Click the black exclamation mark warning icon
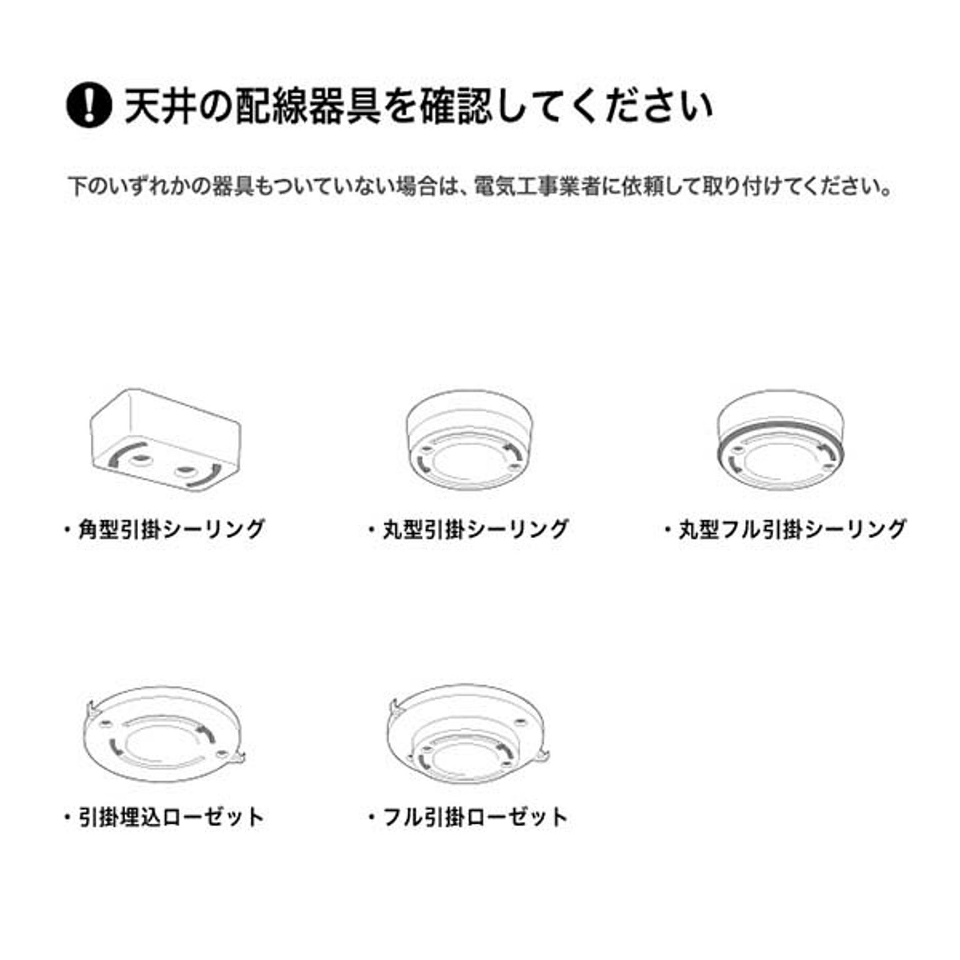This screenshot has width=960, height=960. point(89,105)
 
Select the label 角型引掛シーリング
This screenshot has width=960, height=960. point(171,529)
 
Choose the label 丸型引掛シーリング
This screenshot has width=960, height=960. point(476,529)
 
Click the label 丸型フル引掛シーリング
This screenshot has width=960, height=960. point(792,529)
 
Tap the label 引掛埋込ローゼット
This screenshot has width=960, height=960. point(171,817)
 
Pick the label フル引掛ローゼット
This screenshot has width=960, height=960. point(475,817)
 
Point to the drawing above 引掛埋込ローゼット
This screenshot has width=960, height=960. point(162,734)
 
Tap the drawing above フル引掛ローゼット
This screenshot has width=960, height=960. point(469,734)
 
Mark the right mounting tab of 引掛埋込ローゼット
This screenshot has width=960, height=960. point(237,757)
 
